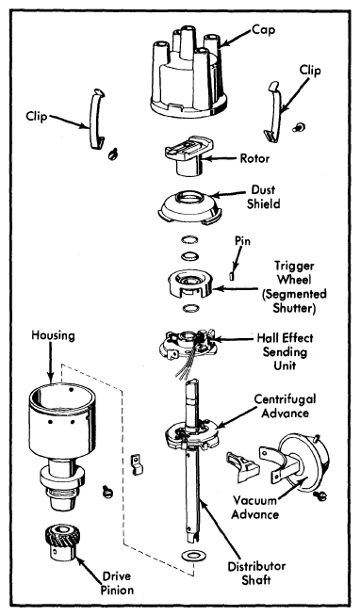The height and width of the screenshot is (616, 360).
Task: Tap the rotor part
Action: pyautogui.click(x=188, y=156)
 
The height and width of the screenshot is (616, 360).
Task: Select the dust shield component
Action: pyautogui.click(x=188, y=207)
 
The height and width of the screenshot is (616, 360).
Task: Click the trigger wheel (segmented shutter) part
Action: pyautogui.click(x=190, y=284)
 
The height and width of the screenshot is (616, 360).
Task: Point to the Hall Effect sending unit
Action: pyautogui.click(x=188, y=345)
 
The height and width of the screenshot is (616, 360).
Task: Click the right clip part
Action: pyautogui.click(x=272, y=111)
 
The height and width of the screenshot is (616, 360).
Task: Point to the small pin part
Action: pyautogui.click(x=232, y=276)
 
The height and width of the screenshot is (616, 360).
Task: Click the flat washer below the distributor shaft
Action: pyautogui.click(x=192, y=556)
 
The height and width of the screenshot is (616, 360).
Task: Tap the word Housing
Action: pyautogui.click(x=53, y=336)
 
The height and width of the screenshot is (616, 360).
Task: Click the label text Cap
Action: pyautogui.click(x=263, y=30)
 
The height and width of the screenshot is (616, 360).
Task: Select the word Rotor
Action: pyautogui.click(x=254, y=159)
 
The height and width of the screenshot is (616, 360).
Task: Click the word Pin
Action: pyautogui.click(x=242, y=241)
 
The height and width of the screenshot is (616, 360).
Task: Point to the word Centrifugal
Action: pyautogui.click(x=285, y=399)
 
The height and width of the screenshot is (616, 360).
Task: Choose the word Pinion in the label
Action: pyautogui.click(x=117, y=590)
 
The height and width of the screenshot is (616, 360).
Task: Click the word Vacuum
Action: pyautogui.click(x=254, y=500)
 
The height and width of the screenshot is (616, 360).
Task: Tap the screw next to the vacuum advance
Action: pyautogui.click(x=319, y=496)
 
